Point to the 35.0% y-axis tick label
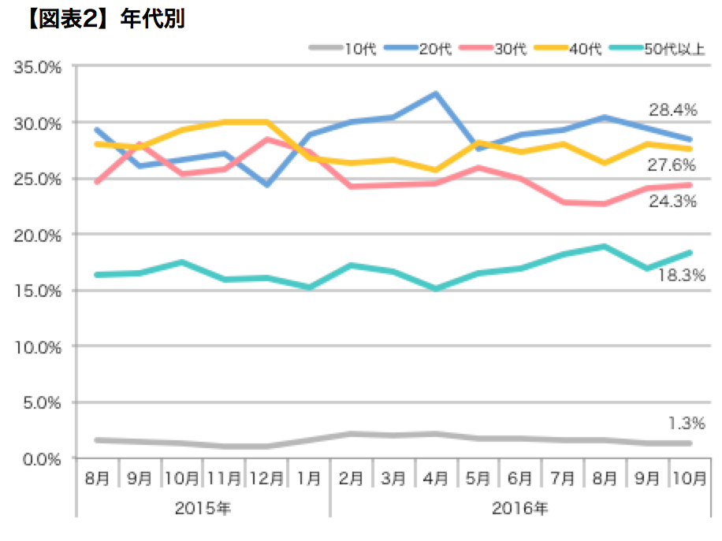pyautogui.click(x=39, y=68)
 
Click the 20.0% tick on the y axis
pyautogui.click(x=39, y=235)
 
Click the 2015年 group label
pyautogui.click(x=202, y=508)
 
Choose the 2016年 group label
pyautogui.click(x=519, y=508)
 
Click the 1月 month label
pyautogui.click(x=310, y=478)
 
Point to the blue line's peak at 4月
pyautogui.click(x=435, y=94)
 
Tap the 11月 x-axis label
pyautogui.click(x=225, y=478)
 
